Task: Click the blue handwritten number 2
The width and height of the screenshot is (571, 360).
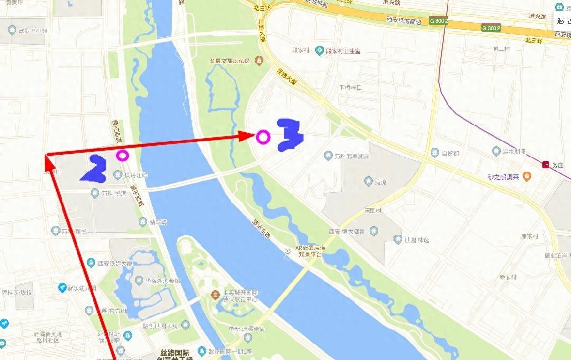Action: (95, 169)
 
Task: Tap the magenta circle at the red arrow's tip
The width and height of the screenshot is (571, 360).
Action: (263, 137)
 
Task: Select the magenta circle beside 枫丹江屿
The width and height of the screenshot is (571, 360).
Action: (123, 156)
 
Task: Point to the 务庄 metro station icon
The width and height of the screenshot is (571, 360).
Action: (546, 165)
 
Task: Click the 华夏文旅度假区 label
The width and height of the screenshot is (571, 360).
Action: (230, 61)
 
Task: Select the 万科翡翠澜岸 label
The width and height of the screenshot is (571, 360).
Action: (352, 156)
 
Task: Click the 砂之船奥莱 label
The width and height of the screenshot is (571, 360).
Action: (503, 177)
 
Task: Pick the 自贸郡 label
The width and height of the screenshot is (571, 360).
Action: (450, 154)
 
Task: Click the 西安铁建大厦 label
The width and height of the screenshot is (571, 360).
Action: (115, 264)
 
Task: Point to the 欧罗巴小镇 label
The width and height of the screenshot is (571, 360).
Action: (33, 31)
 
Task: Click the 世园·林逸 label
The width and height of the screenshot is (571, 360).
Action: (417, 240)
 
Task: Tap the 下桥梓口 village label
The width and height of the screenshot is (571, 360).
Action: (351, 87)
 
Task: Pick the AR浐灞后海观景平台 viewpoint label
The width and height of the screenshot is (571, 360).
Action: (312, 251)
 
